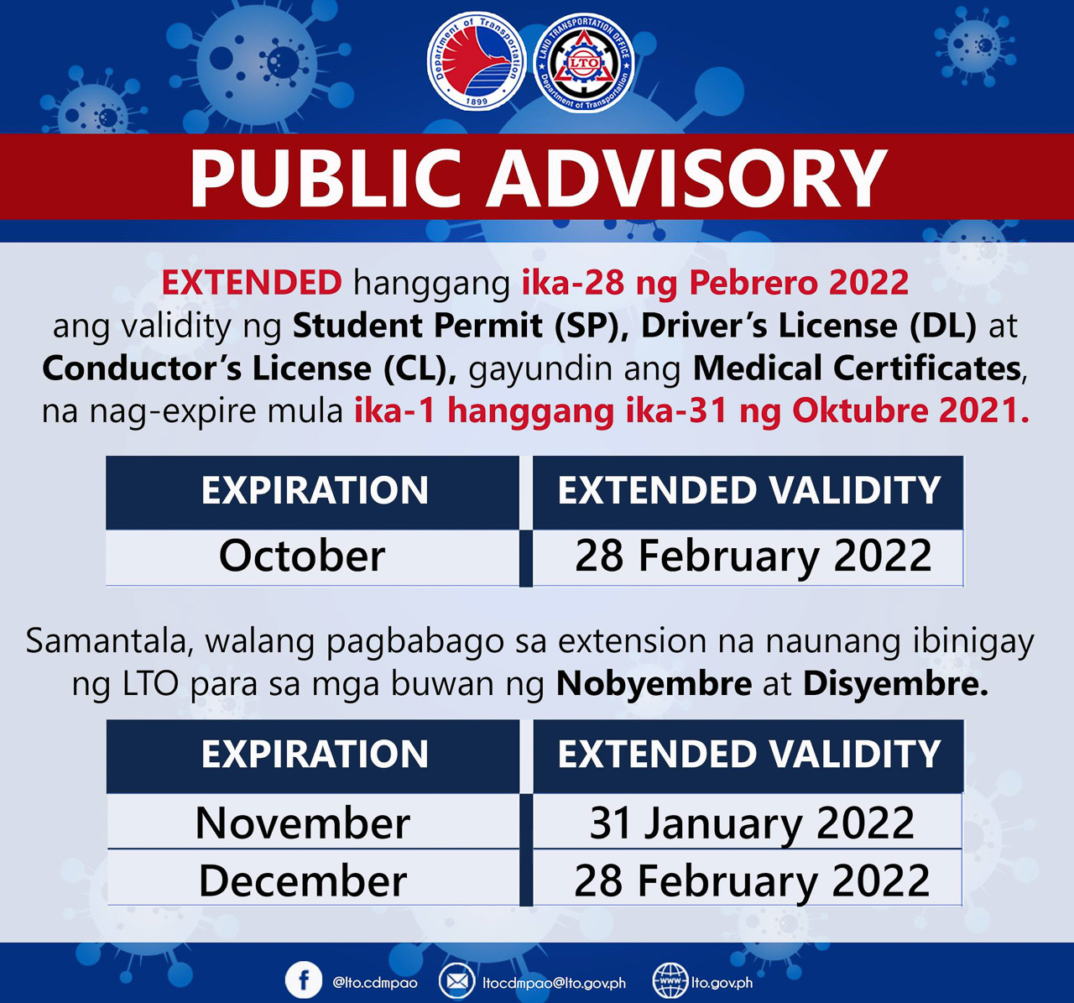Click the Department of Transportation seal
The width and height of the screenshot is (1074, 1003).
tap(476, 61)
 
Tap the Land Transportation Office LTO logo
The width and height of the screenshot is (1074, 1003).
tap(584, 63)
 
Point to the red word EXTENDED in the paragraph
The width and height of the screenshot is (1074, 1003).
tap(252, 282)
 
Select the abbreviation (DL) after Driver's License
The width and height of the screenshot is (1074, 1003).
tap(943, 326)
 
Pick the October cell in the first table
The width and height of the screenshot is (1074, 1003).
tap(313, 557)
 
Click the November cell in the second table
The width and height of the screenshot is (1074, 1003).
tap(313, 823)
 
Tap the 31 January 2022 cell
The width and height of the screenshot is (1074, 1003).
tap(748, 823)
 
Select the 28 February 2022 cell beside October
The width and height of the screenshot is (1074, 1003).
tap(748, 557)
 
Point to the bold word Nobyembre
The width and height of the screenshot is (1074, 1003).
tap(654, 684)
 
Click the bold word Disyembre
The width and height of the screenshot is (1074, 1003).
tap(895, 684)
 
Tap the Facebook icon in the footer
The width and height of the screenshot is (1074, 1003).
tap(304, 979)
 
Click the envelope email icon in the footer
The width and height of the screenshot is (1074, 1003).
tap(457, 980)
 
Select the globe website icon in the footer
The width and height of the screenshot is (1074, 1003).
tap(670, 980)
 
